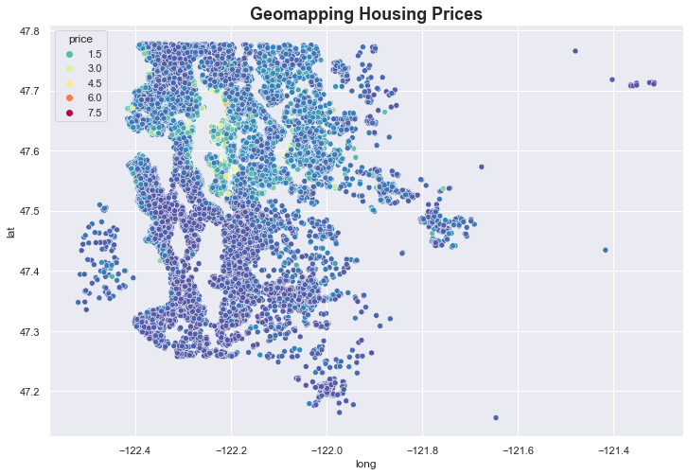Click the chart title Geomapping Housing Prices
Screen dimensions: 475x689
click(366, 14)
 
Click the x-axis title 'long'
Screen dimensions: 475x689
click(366, 464)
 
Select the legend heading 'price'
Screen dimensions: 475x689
click(79, 39)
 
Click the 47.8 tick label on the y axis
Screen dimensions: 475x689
click(30, 31)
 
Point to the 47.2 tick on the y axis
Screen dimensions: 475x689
click(30, 392)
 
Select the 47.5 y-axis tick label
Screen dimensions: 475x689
click(30, 211)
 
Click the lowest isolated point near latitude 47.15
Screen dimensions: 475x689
click(496, 417)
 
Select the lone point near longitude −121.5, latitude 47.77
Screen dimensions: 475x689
click(575, 51)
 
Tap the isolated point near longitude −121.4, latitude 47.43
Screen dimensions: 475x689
click(606, 250)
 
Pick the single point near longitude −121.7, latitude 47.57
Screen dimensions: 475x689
click(482, 167)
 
